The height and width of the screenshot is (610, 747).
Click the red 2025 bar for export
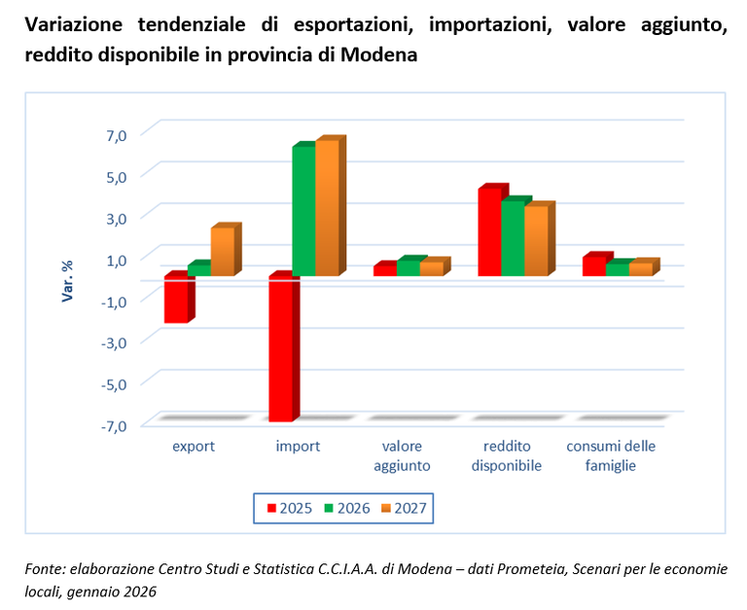point(175,300)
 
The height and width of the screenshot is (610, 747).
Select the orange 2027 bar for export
point(222,251)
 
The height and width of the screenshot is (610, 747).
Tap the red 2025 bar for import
point(280,349)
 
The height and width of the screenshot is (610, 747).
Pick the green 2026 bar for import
point(303,211)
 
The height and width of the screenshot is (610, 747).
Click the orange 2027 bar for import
point(327,208)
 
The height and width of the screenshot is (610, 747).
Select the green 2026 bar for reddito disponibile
point(513,238)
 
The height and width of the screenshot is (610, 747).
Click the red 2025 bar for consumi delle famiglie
point(593,266)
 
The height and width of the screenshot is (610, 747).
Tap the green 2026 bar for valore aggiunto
point(408,268)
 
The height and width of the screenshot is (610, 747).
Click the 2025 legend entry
point(288,508)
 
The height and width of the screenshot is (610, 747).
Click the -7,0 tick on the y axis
point(114,425)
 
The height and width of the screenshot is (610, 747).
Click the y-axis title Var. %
point(68,279)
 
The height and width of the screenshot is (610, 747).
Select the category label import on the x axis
point(298,447)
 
